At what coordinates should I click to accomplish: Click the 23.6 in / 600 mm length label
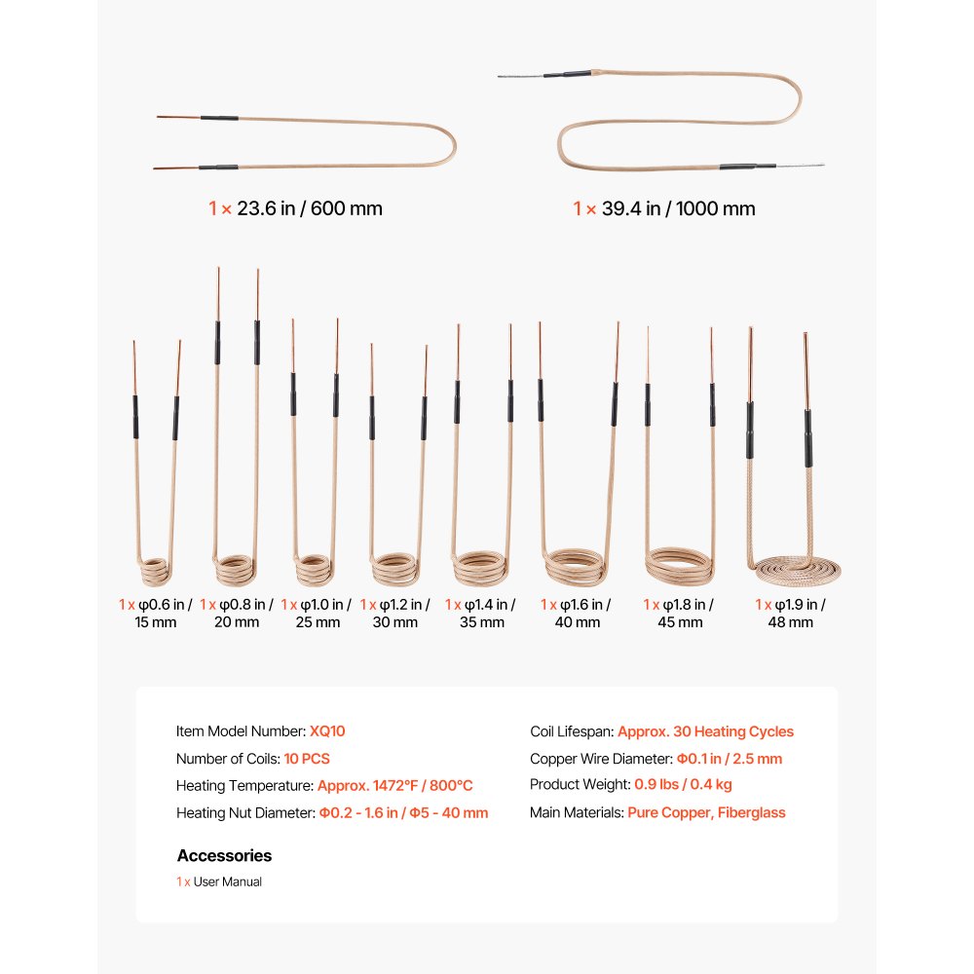tap(295, 208)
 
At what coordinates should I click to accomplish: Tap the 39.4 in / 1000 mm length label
tap(664, 208)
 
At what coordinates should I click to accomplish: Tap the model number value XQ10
tap(327, 731)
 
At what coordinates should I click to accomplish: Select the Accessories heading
tap(224, 856)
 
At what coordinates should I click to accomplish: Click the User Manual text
tap(228, 882)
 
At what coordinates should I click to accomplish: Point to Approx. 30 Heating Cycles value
tap(705, 731)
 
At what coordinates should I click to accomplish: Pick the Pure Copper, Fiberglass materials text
tap(706, 812)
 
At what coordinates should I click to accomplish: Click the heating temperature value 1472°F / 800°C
tap(395, 786)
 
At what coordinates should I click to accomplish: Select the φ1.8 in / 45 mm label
tap(679, 614)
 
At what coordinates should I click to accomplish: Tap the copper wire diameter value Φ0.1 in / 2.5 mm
tap(729, 759)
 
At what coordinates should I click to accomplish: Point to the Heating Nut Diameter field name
tap(244, 812)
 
